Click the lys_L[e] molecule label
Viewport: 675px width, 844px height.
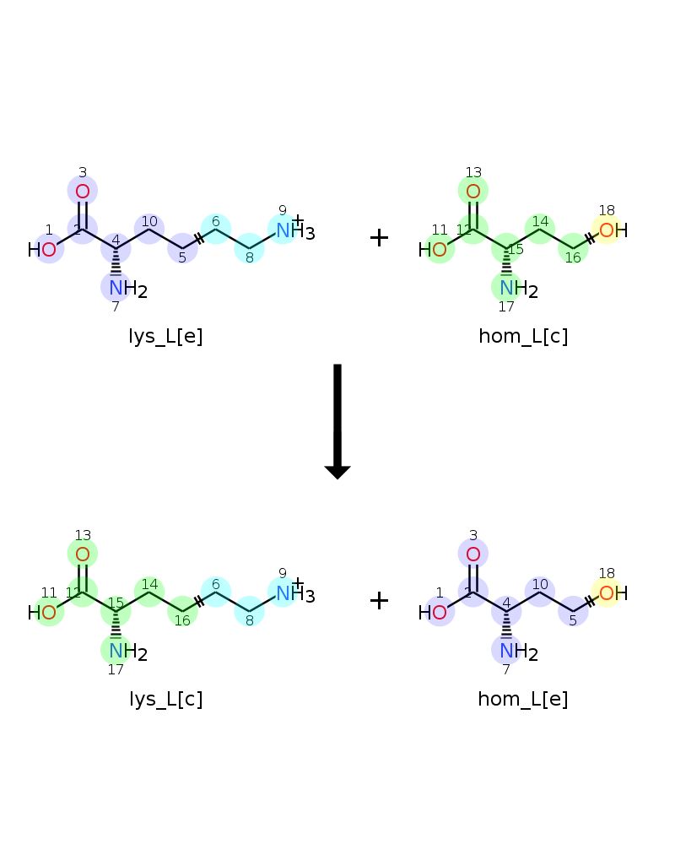point(165,337)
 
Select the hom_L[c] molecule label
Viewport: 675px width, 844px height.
point(523,337)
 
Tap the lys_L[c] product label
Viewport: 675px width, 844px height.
point(165,699)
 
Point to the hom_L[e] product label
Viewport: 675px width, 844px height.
point(523,699)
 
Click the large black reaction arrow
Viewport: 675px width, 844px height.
point(337,421)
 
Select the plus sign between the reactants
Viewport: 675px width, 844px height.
point(379,237)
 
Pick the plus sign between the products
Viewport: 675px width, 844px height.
point(379,600)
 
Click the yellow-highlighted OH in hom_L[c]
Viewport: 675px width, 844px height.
point(613,230)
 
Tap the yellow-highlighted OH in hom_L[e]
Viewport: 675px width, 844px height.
point(613,593)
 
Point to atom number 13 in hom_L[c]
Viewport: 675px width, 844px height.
point(473,191)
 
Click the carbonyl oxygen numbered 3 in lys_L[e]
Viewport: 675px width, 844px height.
point(83,191)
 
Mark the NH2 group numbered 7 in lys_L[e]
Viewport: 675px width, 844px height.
point(127,289)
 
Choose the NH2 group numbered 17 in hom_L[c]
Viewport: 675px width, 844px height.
point(518,289)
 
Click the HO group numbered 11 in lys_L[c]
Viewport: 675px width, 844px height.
point(42,613)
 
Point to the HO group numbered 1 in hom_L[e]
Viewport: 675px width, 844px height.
point(433,613)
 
